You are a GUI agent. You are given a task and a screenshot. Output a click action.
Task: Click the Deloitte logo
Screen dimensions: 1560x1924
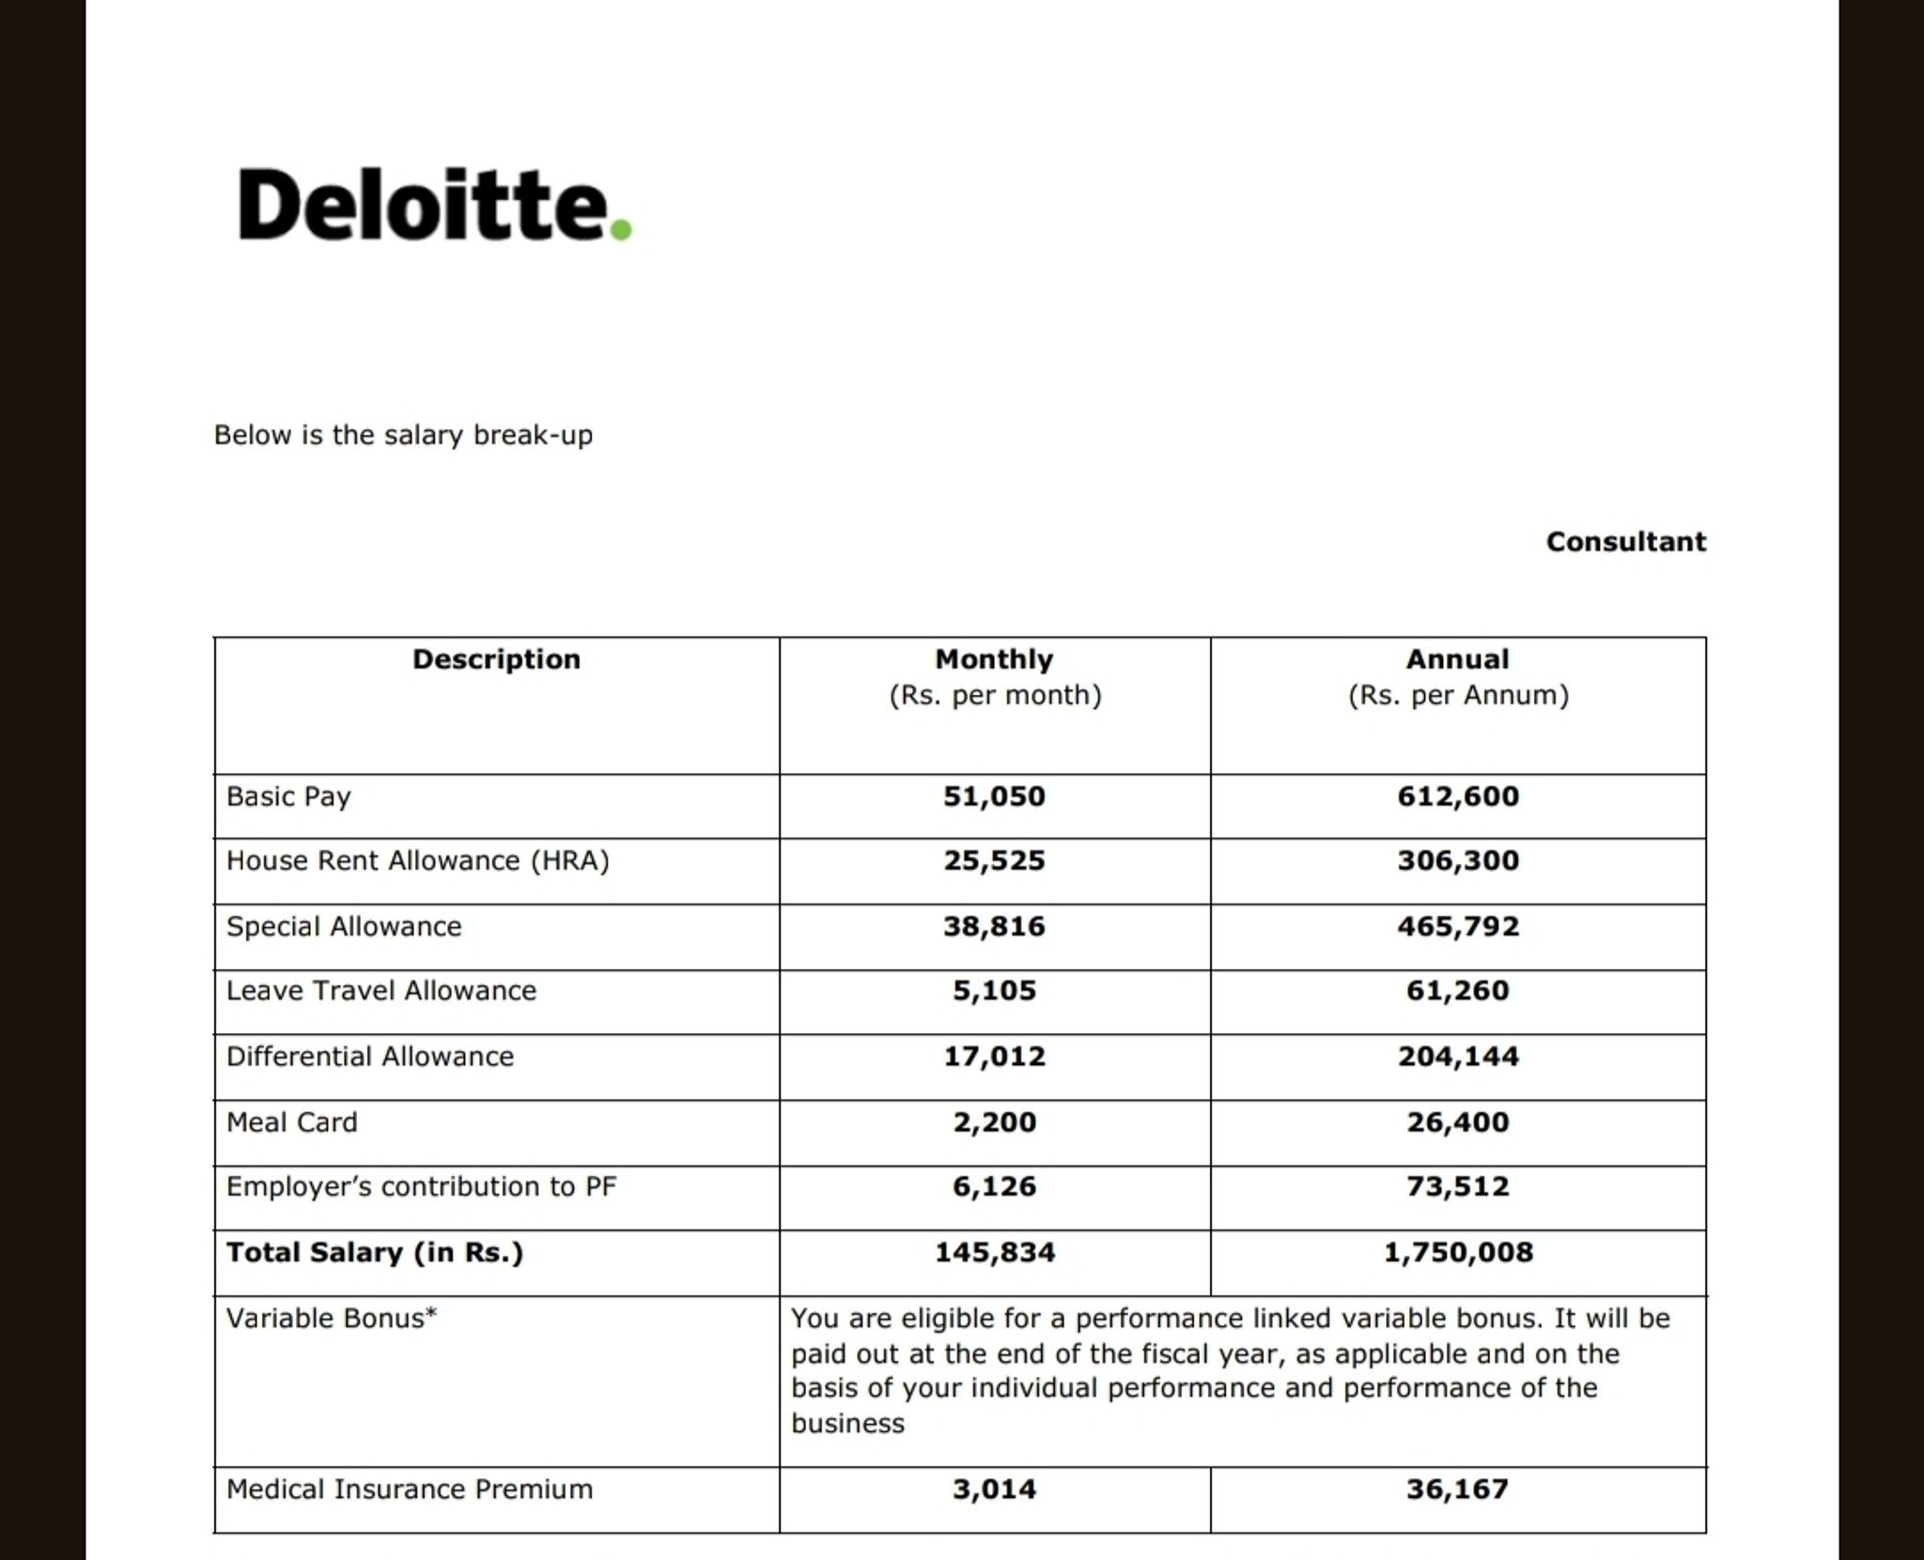tap(434, 205)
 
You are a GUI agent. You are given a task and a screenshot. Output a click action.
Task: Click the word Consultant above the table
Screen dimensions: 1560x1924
tap(1625, 542)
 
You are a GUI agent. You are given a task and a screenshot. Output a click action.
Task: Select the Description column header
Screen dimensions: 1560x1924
tap(496, 659)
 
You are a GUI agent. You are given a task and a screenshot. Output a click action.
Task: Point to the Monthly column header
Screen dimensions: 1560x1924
tap(994, 659)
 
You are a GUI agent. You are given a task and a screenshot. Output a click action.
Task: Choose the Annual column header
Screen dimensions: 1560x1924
tap(1457, 659)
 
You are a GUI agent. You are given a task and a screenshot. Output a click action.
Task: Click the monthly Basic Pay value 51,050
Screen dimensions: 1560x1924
tap(994, 796)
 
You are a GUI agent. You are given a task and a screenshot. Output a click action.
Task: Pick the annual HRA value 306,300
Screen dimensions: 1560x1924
tap(1457, 860)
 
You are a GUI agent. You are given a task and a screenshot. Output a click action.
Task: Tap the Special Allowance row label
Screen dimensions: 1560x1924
tap(344, 926)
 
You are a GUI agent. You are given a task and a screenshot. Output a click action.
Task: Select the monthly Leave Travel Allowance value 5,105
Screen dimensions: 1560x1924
tap(994, 991)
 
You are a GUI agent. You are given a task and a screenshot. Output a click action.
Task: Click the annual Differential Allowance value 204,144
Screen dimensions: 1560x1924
tap(1457, 1057)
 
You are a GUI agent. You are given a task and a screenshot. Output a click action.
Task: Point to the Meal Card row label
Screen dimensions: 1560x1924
tap(292, 1122)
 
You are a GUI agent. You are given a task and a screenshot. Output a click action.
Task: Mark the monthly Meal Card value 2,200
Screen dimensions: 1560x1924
tap(994, 1122)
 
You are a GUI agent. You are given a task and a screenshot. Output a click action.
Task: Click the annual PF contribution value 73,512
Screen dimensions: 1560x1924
tap(1457, 1186)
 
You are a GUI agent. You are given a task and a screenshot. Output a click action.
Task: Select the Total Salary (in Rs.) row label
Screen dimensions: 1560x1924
tap(375, 1252)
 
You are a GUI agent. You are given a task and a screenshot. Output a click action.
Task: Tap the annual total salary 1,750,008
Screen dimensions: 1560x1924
tap(1457, 1252)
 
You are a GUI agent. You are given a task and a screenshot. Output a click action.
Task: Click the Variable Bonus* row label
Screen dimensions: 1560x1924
tap(332, 1319)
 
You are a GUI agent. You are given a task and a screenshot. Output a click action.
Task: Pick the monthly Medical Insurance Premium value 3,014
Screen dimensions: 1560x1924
tap(994, 1490)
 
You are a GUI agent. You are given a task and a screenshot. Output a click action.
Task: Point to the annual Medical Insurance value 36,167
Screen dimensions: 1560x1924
tap(1457, 1490)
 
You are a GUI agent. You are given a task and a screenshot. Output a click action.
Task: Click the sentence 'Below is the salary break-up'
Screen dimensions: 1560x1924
tap(403, 436)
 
